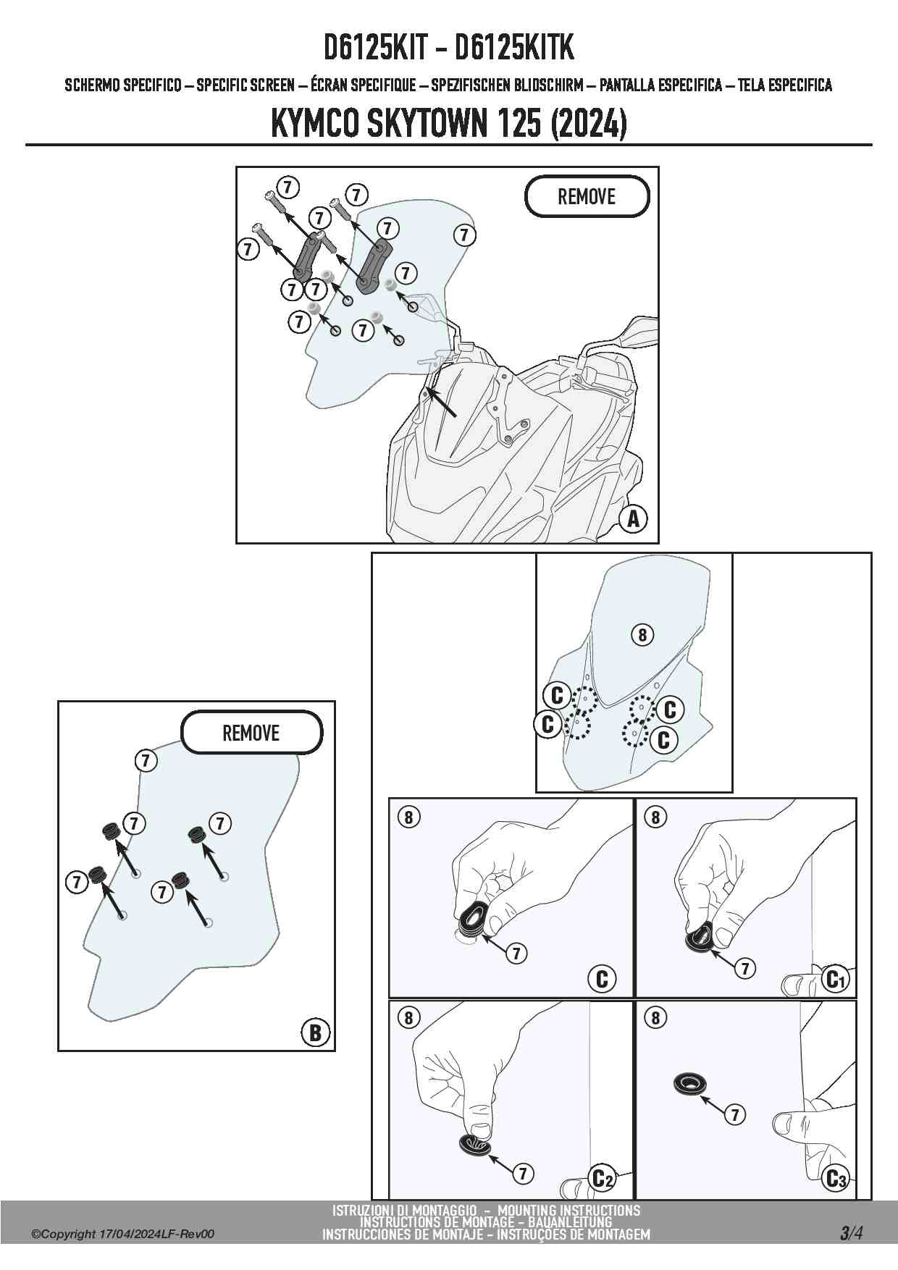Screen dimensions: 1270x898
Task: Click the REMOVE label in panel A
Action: (x=587, y=196)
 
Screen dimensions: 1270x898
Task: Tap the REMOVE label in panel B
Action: (x=251, y=733)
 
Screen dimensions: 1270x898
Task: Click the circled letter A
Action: (x=633, y=518)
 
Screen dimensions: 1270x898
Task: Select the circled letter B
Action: (x=315, y=1032)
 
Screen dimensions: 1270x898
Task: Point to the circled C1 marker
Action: (x=835, y=979)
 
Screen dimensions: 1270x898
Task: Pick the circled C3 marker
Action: (x=836, y=1179)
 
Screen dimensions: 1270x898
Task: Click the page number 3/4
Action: (x=851, y=1232)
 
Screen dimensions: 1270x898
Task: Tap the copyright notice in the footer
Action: (x=123, y=1235)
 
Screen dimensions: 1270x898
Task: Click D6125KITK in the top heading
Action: (x=513, y=48)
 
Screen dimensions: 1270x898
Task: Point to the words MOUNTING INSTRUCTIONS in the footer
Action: (x=568, y=1210)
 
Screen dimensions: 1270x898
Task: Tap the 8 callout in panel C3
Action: (x=655, y=1017)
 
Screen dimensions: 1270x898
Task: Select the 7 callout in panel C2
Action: (x=522, y=1173)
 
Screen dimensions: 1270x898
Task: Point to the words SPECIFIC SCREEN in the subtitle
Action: (x=246, y=85)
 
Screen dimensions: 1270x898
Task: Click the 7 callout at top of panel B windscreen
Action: (x=146, y=760)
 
